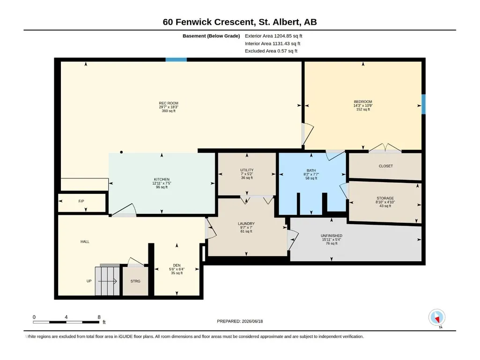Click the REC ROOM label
pos(169,103)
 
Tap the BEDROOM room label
pos(363,102)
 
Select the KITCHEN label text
pos(162,179)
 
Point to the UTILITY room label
pos(247,170)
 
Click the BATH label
pos(311,170)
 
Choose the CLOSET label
pos(385,166)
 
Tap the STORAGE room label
pos(385,198)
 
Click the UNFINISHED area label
pos(331,236)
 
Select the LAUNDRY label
pos(246,224)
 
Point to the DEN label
pos(177,265)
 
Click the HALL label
pos(85,242)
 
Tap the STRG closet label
pos(135,281)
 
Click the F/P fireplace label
pos(81,201)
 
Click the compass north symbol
pos(437,318)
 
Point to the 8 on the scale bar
pos(99,317)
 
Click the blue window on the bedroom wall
pos(424,104)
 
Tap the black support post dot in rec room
pos(122,152)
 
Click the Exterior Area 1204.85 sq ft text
pos(273,36)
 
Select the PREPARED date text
pos(240,321)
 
